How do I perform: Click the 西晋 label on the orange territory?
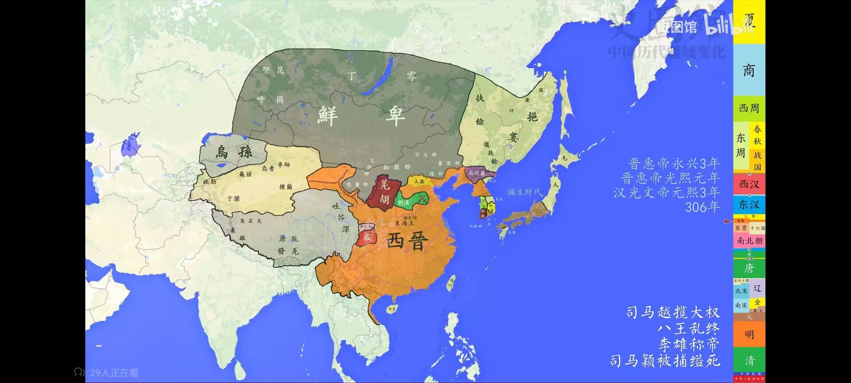[407, 241]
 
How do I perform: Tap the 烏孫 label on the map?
[234, 152]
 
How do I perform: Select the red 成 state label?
[367, 237]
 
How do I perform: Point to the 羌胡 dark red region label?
[384, 192]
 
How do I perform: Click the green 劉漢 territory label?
[403, 203]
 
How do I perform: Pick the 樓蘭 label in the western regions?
[285, 187]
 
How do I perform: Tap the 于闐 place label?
[233, 199]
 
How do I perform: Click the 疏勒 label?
[210, 182]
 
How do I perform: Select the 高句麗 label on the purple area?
[476, 173]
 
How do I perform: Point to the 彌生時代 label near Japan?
[524, 192]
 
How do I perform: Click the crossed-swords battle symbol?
[422, 199]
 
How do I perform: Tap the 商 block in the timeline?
[749, 70]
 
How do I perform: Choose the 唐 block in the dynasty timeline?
[749, 268]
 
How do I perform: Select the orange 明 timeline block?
[749, 334]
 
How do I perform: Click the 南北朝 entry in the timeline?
[749, 241]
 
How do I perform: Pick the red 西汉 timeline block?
[749, 184]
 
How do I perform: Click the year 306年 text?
[702, 207]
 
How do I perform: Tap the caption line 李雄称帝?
[688, 344]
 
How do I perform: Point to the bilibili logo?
[727, 26]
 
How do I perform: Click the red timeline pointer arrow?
[727, 221]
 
